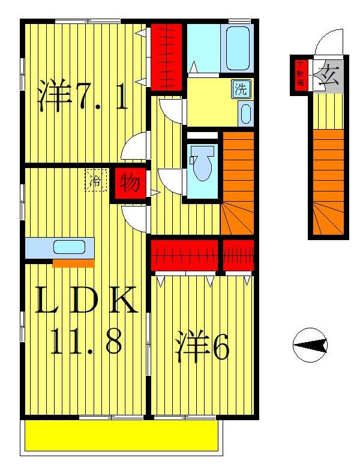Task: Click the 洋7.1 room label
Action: (x=83, y=96)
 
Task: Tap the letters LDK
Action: (x=87, y=302)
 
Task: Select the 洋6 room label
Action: (x=202, y=348)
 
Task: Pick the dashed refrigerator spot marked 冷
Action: (x=95, y=180)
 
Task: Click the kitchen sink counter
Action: (x=60, y=247)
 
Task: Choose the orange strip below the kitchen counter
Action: (x=73, y=263)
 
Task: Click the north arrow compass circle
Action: (x=310, y=346)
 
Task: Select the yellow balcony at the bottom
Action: (x=120, y=435)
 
